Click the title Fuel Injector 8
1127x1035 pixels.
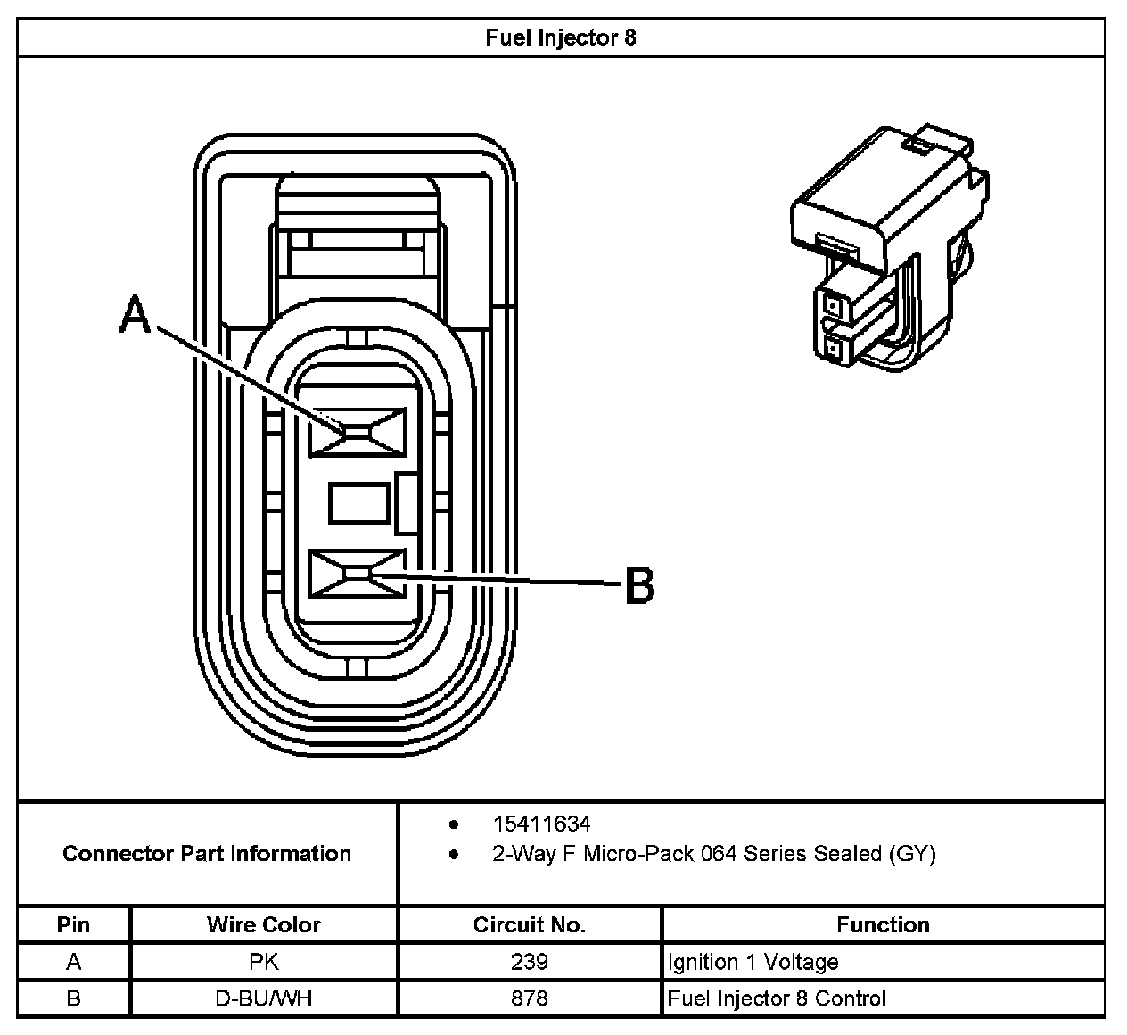coord(561,37)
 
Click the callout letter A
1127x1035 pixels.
coord(135,316)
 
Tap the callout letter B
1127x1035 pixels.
coord(638,586)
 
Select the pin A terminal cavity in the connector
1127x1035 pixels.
coord(357,431)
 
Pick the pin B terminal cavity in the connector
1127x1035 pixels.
coord(357,573)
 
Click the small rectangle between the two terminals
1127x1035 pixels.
coord(358,502)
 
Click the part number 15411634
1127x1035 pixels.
coord(541,824)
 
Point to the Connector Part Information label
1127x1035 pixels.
coord(207,854)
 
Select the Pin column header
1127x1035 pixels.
coord(73,924)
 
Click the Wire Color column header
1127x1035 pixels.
coord(263,924)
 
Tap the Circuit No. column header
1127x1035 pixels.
coord(529,924)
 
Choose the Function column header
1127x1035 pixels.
coord(883,924)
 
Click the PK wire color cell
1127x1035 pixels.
coord(263,962)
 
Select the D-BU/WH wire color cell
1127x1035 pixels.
coord(263,998)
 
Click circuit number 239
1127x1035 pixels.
coord(529,962)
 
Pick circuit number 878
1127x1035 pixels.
coord(529,998)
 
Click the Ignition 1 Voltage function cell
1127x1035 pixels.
coord(753,962)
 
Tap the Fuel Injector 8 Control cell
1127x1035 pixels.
coord(777,998)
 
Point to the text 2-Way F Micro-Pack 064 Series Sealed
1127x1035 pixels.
coord(713,854)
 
